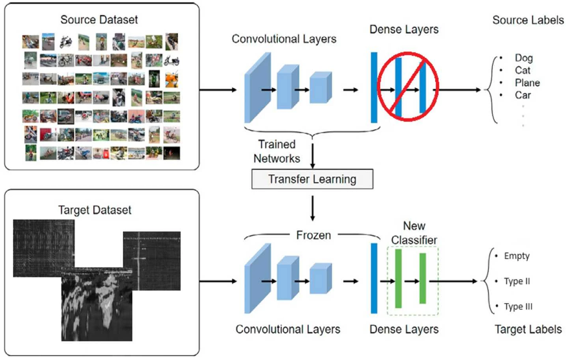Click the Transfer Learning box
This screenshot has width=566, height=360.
(x=312, y=179)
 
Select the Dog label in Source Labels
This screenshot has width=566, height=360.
(x=523, y=58)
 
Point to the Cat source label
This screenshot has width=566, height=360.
(x=523, y=71)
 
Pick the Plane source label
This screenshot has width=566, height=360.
(x=527, y=83)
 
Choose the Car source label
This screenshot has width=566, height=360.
(x=523, y=95)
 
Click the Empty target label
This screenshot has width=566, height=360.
(x=516, y=256)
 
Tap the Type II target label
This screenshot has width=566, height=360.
(x=517, y=282)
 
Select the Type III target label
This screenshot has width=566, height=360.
(x=518, y=306)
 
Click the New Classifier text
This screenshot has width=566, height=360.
(x=414, y=234)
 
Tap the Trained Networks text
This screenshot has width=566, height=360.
(x=277, y=152)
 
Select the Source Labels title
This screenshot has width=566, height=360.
(x=528, y=20)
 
